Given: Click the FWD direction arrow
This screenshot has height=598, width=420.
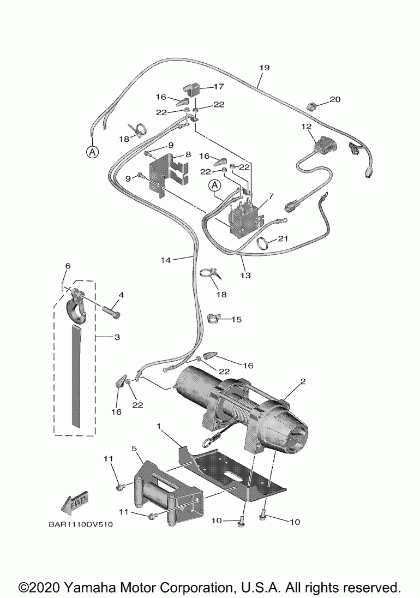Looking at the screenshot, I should [x=75, y=502].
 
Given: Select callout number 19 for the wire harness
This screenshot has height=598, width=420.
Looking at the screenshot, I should [x=264, y=68].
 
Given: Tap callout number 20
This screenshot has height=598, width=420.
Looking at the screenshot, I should [x=335, y=99].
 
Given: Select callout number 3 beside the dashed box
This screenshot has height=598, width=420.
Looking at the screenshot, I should [x=117, y=337].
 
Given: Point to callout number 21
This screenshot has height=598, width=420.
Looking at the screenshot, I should [x=283, y=239].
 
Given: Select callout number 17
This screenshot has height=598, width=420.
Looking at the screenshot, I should [x=218, y=86].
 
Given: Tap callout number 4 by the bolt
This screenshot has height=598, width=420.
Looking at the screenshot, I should [x=121, y=295].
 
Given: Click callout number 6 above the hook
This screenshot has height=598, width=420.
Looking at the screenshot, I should [x=68, y=266].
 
